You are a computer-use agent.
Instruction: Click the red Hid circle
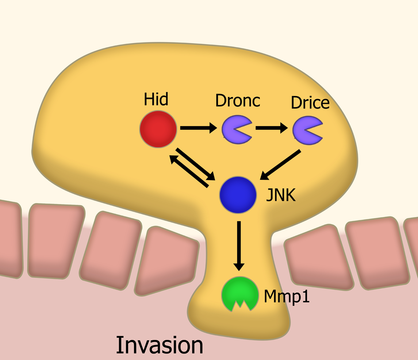(x=158, y=128)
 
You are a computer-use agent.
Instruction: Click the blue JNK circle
(x=238, y=194)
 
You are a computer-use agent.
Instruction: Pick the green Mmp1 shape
(x=240, y=293)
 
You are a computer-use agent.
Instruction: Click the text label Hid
(x=156, y=99)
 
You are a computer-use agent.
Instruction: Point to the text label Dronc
(x=238, y=101)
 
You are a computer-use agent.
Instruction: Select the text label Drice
(x=310, y=102)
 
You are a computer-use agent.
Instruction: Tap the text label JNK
(x=280, y=195)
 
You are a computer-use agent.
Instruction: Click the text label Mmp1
(x=286, y=296)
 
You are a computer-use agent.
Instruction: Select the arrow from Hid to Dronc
(x=199, y=128)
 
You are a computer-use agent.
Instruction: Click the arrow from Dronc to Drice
(x=271, y=128)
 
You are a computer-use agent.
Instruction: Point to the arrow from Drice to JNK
(x=281, y=165)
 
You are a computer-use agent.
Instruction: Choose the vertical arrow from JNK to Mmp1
(x=238, y=245)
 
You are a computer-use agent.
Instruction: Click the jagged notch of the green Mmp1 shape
(x=240, y=305)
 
